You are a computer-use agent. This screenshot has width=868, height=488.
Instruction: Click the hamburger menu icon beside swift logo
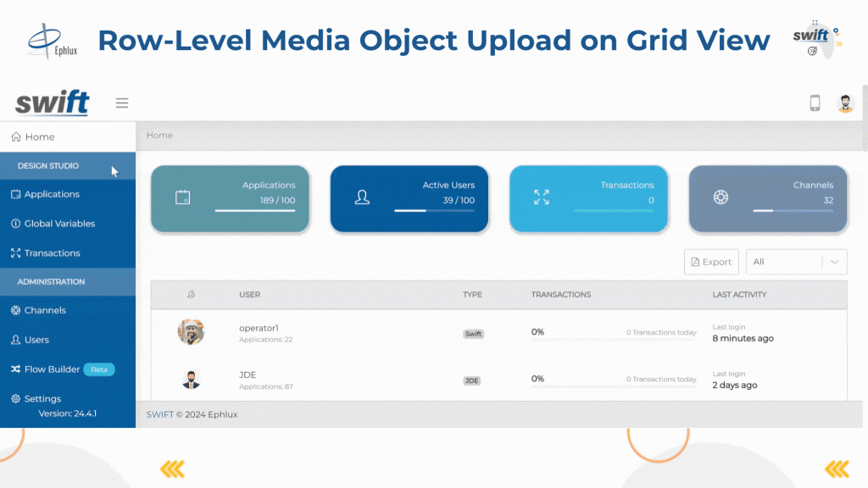tap(122, 103)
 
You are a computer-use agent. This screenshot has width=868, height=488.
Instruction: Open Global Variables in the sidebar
tap(59, 224)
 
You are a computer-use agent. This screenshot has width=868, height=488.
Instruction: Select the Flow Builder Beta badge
tap(99, 369)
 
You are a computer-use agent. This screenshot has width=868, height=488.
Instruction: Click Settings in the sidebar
tap(42, 399)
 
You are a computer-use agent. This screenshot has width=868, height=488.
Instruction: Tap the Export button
tap(711, 262)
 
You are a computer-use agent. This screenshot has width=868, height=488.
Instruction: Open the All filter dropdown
tap(797, 262)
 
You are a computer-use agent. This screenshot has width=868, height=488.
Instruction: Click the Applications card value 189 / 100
tap(277, 200)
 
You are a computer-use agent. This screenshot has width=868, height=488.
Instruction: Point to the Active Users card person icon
tap(362, 197)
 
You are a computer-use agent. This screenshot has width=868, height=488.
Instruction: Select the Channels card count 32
tap(828, 200)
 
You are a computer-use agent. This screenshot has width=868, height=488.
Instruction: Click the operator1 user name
tap(259, 328)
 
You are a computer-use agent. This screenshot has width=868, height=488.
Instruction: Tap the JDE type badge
tap(471, 380)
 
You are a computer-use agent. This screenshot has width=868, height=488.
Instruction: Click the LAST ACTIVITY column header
tap(739, 295)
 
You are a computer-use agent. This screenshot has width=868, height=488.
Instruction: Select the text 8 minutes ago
tap(743, 339)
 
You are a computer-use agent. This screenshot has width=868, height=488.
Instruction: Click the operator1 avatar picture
tap(191, 332)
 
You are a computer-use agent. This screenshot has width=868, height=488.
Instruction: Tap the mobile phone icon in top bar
tap(815, 103)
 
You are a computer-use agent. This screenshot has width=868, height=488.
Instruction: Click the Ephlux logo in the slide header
tap(53, 41)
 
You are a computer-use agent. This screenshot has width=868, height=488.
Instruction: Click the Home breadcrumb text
tap(159, 135)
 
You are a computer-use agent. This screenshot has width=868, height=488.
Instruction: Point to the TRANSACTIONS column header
tap(561, 295)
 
